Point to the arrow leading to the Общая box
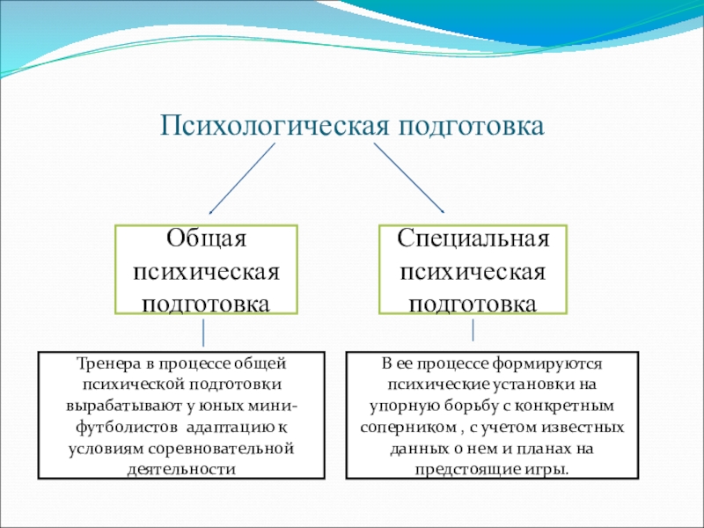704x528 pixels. [x=241, y=180]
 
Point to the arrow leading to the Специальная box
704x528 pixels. [x=409, y=178]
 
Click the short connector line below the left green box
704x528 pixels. [x=204, y=333]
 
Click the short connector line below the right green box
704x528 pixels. [x=474, y=330]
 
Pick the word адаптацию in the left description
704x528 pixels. [x=229, y=428]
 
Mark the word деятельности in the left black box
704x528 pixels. [x=181, y=469]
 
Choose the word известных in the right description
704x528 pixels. [x=584, y=428]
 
